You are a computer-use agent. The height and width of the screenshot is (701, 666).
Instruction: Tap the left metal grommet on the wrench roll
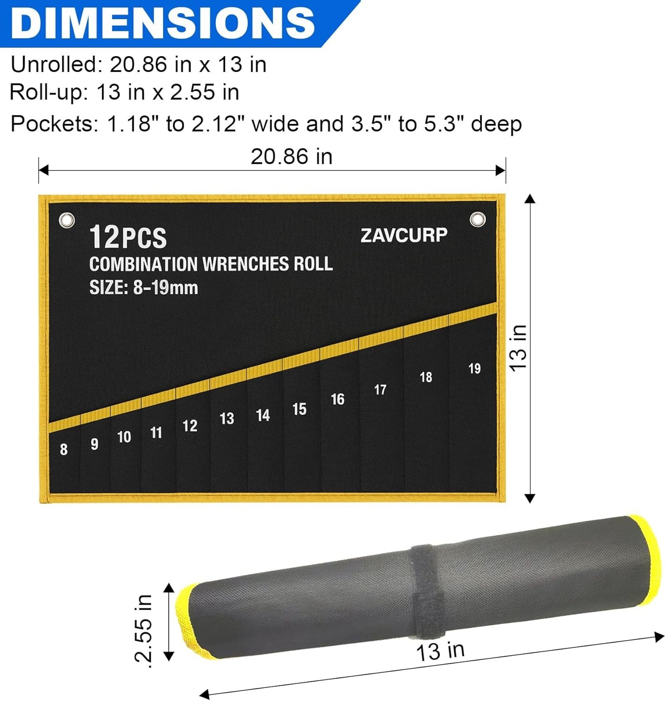click(67, 220)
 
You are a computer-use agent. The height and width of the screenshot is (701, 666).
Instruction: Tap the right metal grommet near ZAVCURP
click(477, 219)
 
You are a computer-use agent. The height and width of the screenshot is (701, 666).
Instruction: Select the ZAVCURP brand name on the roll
click(404, 236)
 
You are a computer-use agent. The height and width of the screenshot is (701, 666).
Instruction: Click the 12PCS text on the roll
click(128, 237)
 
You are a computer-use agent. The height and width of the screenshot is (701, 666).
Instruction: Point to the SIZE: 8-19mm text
click(143, 287)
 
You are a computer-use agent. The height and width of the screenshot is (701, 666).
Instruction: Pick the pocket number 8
click(64, 449)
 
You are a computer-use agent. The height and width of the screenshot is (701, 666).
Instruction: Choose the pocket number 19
click(474, 369)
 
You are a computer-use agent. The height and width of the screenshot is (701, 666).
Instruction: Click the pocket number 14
click(263, 415)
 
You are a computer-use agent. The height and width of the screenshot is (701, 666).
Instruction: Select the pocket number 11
click(156, 433)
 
